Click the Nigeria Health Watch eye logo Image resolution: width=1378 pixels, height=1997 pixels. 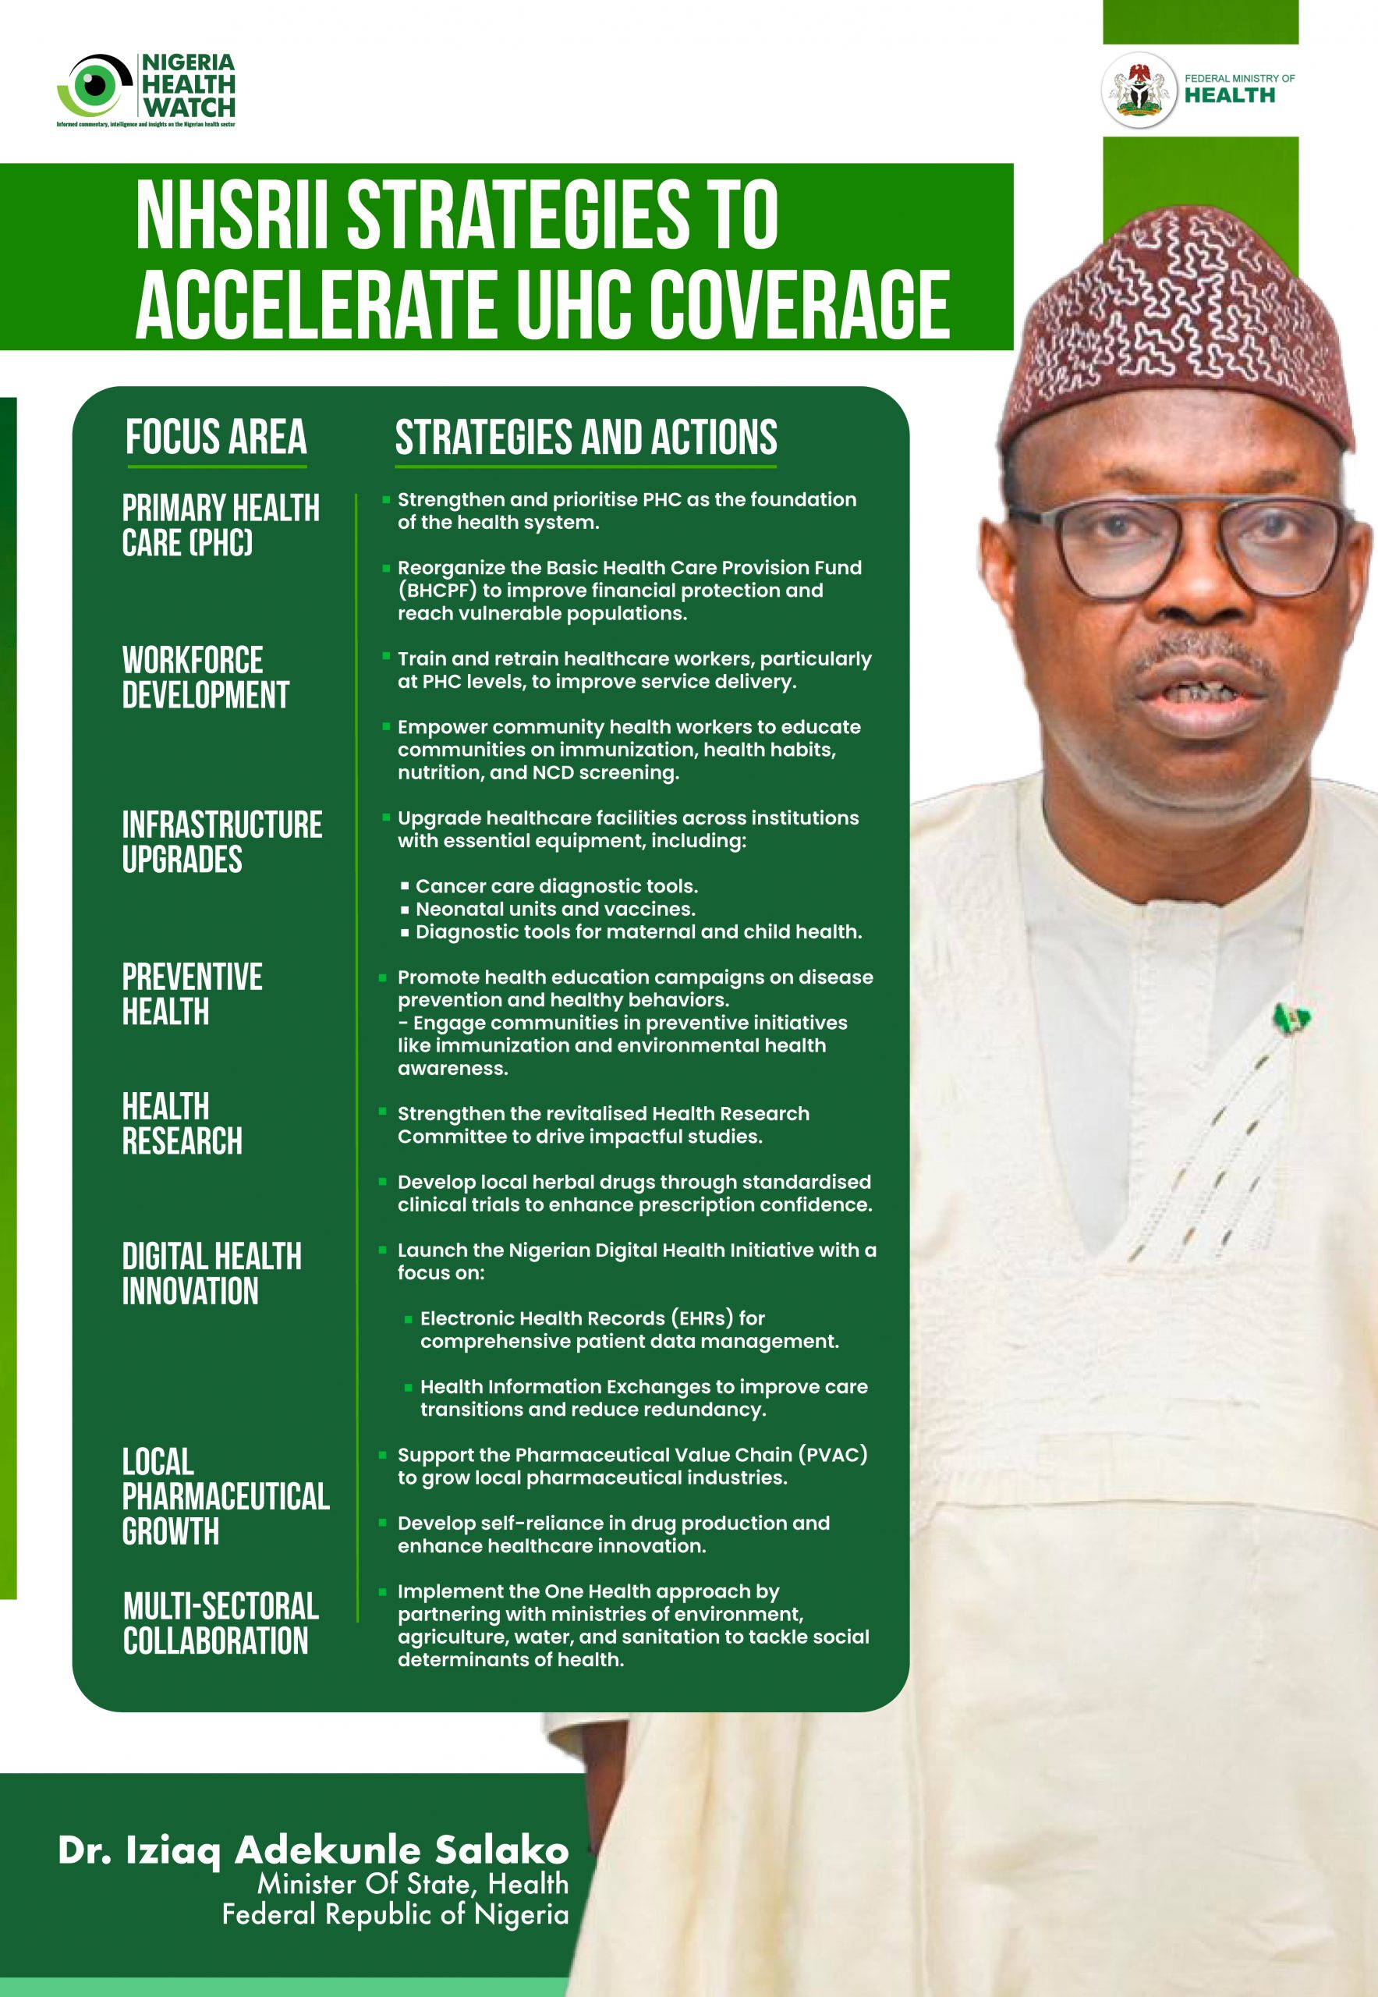94,85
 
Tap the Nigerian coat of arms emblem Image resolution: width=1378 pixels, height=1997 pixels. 1139,90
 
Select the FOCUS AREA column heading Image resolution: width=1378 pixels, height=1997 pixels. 216,437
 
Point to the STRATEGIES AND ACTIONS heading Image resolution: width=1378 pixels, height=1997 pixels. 586,438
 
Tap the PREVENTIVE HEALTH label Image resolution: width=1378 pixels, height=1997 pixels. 192,994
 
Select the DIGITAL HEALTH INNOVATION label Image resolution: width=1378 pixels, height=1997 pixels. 211,1274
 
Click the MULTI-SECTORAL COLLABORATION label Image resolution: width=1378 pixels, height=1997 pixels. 220,1624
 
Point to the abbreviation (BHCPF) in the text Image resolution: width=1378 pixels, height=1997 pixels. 437,591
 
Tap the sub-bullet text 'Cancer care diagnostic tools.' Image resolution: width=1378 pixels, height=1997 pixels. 556,886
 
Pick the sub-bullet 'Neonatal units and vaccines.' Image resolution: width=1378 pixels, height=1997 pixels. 555,909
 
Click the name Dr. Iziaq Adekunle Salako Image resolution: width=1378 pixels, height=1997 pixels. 314,1850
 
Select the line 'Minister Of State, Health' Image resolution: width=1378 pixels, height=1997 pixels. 413,1883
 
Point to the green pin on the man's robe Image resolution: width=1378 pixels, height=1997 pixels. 1292,1020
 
